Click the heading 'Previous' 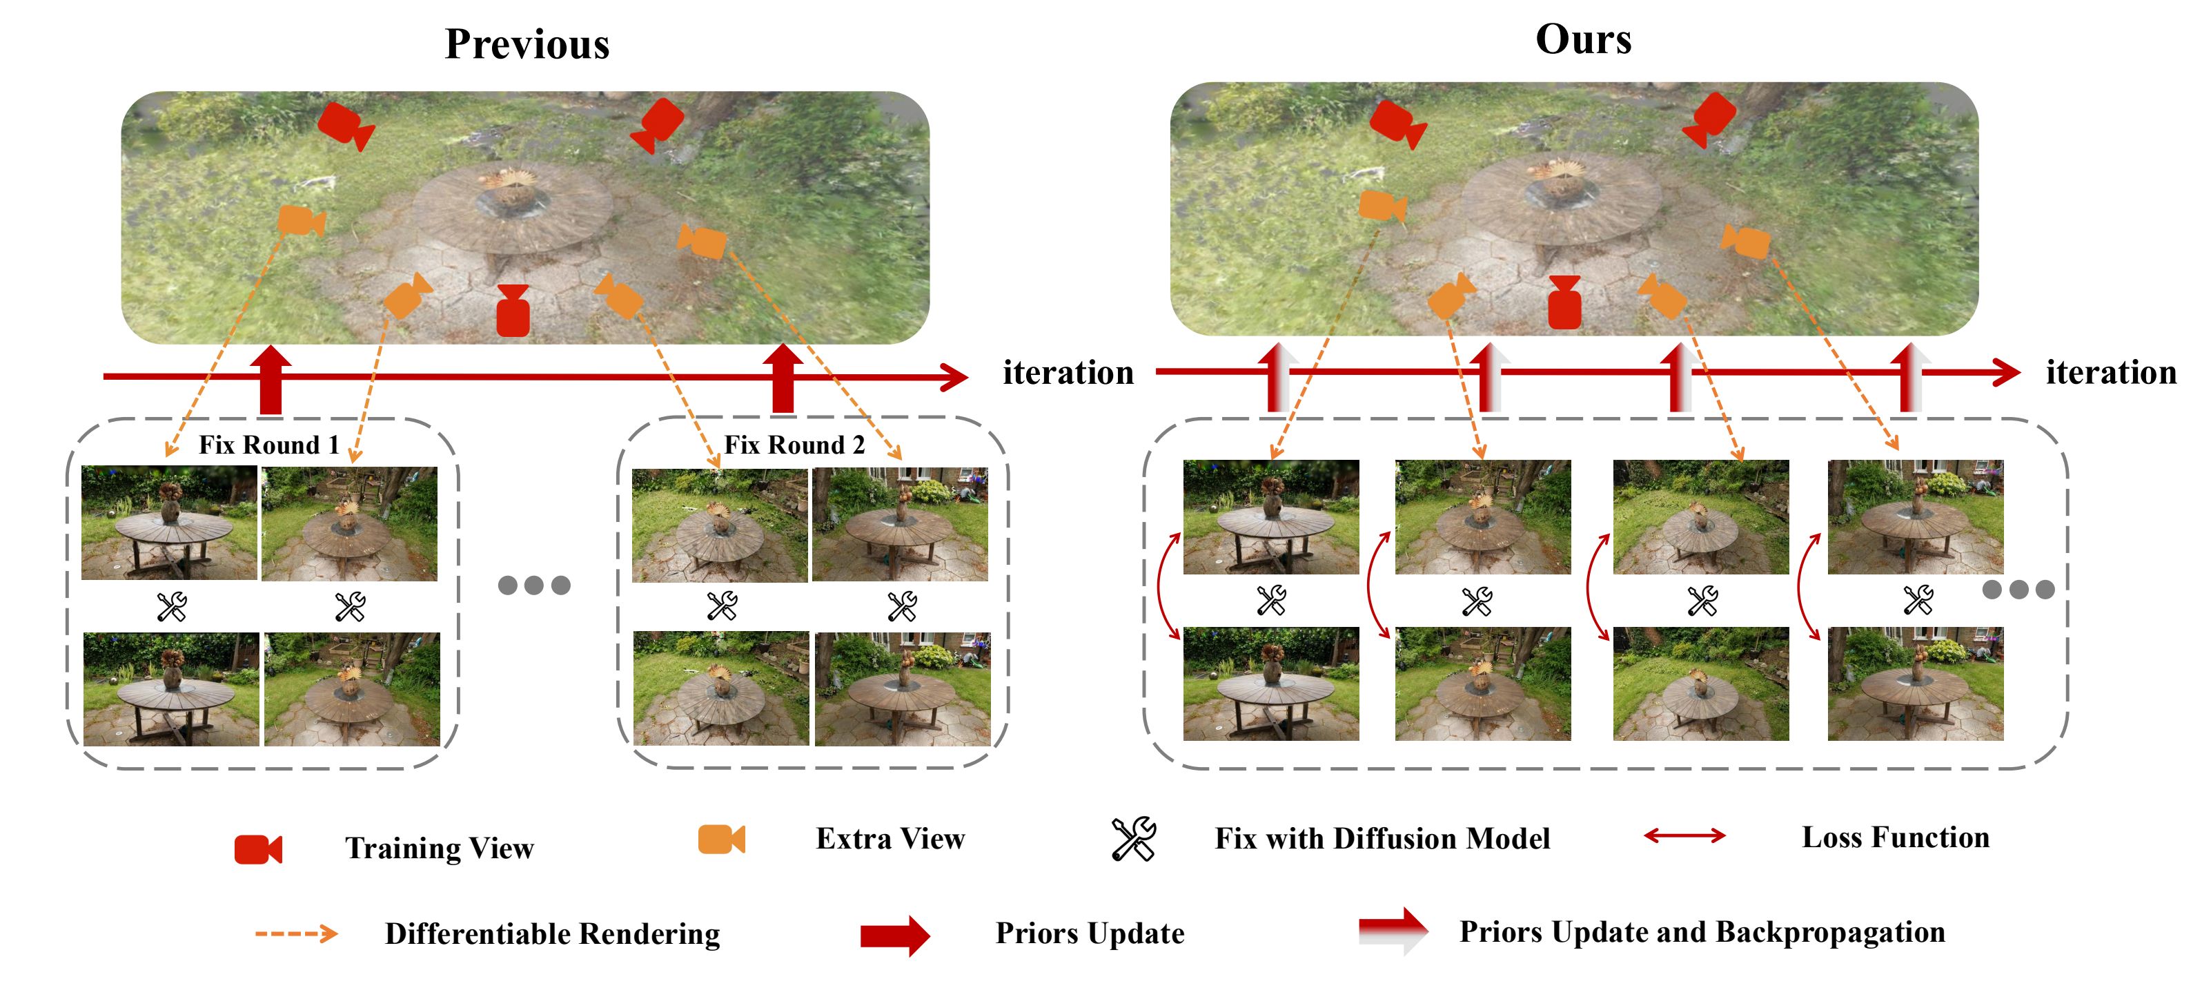(527, 43)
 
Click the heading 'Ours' (1583, 39)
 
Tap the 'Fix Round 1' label (268, 445)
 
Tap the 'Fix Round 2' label (794, 445)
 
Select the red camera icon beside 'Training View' (258, 849)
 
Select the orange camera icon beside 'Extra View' (721, 839)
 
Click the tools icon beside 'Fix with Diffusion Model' (1133, 839)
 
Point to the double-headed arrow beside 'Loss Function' (1684, 835)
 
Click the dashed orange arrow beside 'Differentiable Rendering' (296, 933)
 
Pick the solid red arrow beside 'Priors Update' (894, 934)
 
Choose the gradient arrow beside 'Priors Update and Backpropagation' (1392, 931)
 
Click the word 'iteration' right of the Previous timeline (1068, 373)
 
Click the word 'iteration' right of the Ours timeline (2110, 373)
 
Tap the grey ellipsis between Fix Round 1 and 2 (534, 585)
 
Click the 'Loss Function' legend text (1895, 838)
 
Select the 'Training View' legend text (440, 849)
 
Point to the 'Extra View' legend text (890, 839)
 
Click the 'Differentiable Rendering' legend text (552, 933)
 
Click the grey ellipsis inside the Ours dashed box (2018, 589)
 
